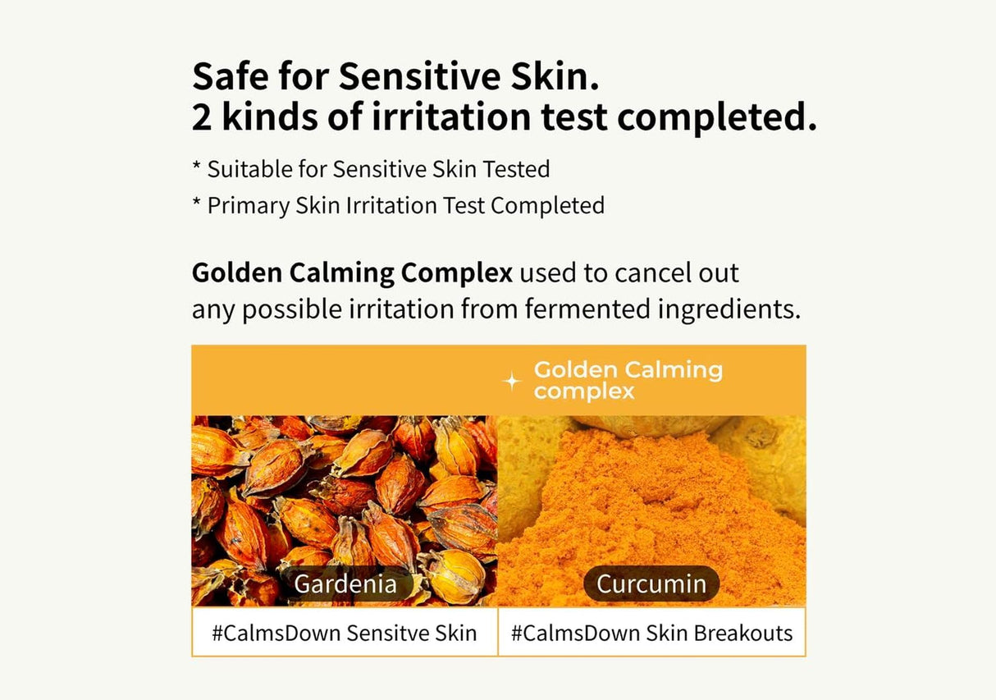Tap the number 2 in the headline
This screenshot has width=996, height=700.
[202, 117]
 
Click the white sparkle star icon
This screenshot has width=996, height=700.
[512, 381]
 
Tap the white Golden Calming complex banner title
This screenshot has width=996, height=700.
[628, 380]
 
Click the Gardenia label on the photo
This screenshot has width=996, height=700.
[345, 583]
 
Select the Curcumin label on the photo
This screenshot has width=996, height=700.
[651, 583]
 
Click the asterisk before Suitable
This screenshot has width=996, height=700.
[197, 168]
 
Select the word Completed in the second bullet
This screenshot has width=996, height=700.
[548, 205]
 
